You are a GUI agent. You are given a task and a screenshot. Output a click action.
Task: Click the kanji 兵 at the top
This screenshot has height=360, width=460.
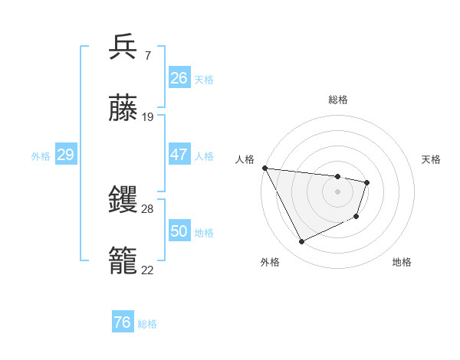123,47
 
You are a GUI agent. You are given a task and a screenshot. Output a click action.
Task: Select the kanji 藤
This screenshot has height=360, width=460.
123,109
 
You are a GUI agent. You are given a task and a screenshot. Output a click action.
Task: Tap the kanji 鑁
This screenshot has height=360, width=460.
123,201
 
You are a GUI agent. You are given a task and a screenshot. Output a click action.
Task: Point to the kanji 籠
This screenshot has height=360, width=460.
123,261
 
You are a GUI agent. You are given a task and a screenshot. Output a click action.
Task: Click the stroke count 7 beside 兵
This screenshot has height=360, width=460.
147,56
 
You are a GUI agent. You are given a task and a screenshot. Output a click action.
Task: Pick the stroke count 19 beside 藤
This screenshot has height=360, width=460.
148,117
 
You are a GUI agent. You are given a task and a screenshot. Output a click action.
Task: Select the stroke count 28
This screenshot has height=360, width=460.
148,209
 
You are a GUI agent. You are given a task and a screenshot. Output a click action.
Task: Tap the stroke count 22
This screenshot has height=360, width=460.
148,270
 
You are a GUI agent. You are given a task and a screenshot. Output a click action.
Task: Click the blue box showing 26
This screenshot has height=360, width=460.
179,78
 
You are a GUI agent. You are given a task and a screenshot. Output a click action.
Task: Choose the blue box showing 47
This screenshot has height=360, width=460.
179,155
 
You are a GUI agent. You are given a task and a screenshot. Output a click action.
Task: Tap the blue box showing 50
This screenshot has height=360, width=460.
179,231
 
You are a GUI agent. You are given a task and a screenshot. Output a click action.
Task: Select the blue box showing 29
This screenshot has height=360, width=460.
65,155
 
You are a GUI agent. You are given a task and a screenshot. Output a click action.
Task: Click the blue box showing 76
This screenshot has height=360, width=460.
122,322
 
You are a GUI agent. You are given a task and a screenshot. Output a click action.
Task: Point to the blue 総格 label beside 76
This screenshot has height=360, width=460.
147,324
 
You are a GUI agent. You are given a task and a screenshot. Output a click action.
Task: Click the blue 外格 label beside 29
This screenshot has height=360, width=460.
41,156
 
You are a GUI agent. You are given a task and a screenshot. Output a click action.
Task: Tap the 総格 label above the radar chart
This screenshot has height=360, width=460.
338,100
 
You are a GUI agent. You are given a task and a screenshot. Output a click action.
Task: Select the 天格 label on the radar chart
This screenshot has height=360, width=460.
432,159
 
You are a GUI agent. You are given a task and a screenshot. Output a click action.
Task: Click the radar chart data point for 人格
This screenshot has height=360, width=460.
264,168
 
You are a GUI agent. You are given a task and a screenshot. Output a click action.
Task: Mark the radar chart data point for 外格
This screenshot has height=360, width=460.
301,242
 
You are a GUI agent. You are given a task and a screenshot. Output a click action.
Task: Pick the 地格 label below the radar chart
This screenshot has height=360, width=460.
402,262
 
